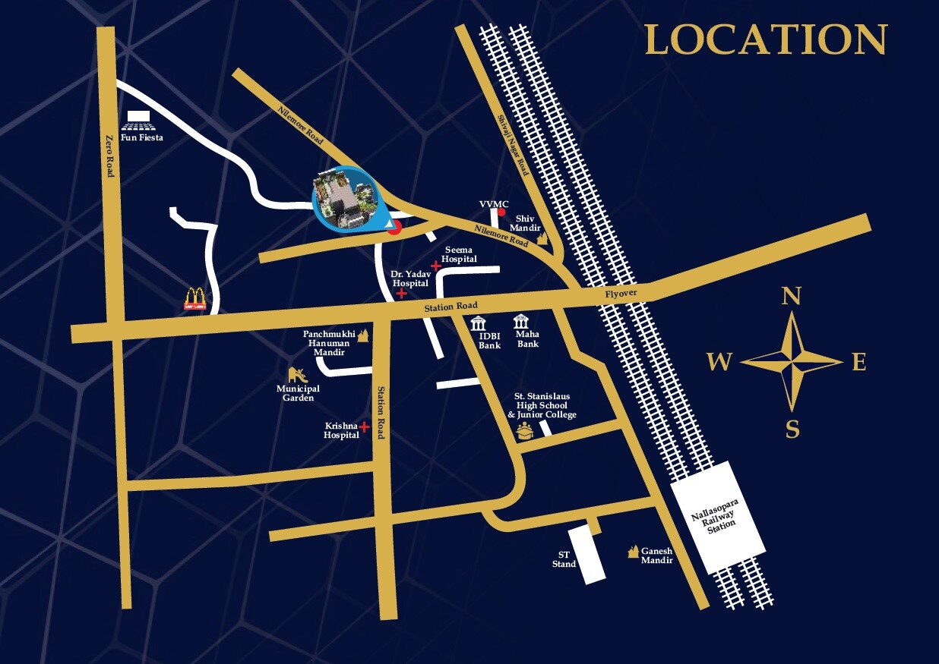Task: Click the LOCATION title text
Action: tap(765, 39)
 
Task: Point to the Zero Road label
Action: tap(111, 153)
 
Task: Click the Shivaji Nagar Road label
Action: tap(512, 144)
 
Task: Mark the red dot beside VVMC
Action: tap(501, 212)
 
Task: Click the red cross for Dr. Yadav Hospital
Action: tap(401, 292)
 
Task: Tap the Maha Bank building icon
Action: tap(522, 321)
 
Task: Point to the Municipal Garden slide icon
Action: tap(296, 373)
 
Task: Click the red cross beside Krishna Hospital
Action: tap(365, 427)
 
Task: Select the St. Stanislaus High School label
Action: tap(542, 405)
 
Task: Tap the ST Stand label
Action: tap(564, 559)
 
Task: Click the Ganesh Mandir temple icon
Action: tap(631, 552)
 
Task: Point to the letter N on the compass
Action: tap(792, 296)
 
